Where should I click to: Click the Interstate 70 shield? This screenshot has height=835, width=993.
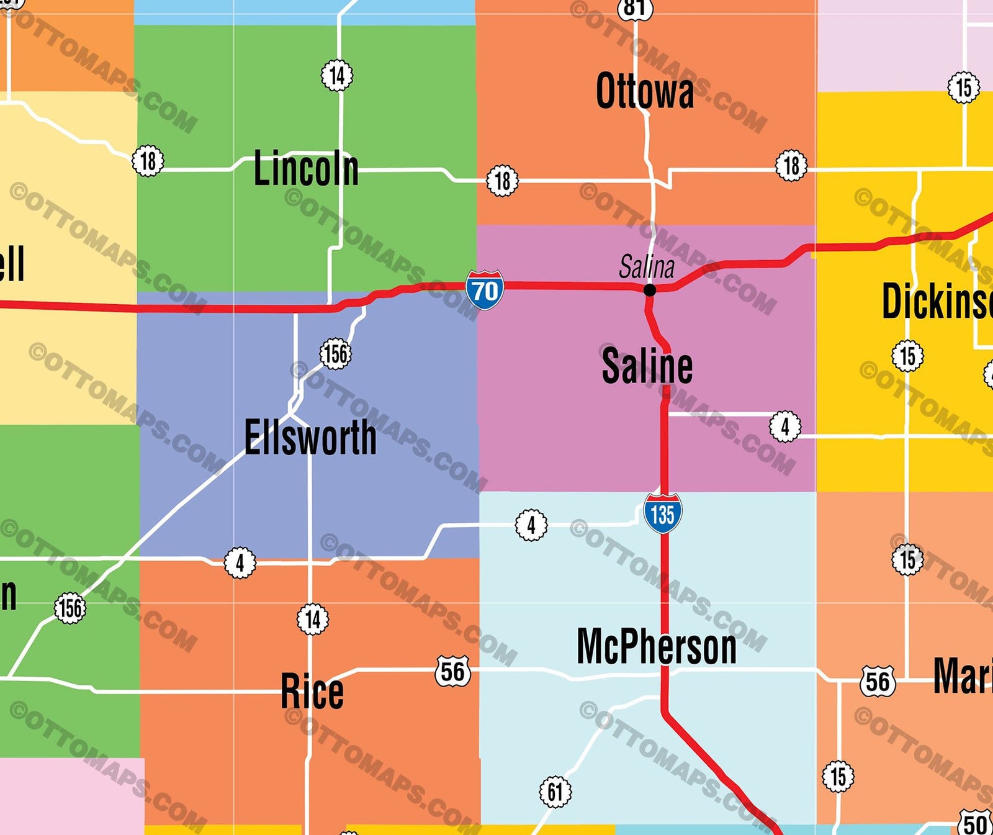tap(485, 290)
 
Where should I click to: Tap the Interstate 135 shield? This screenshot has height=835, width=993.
tap(663, 513)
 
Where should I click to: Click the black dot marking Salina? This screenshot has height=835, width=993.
tap(650, 290)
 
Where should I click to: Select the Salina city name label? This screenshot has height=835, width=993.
tap(647, 268)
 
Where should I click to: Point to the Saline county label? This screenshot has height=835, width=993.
tap(647, 366)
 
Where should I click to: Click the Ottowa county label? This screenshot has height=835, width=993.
tap(645, 92)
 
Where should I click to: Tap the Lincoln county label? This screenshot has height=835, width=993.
tap(306, 168)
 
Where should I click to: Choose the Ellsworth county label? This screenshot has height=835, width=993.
tap(310, 438)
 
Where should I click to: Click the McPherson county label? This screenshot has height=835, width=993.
tap(657, 647)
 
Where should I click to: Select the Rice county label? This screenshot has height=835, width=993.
tap(312, 692)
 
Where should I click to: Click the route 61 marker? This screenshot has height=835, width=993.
tap(555, 792)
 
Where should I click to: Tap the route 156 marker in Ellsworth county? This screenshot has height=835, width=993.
tap(336, 354)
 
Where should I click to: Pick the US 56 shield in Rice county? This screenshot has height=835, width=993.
tap(452, 671)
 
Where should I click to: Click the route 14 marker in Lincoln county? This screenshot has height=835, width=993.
tap(337, 76)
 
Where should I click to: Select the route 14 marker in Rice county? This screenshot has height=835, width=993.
tap(313, 619)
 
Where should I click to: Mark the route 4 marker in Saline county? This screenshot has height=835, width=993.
tap(785, 427)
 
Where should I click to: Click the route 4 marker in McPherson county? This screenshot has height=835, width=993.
tap(531, 525)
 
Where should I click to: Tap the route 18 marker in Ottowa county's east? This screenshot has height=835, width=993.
tap(791, 166)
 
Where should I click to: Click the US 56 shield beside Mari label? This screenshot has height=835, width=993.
tap(878, 681)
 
